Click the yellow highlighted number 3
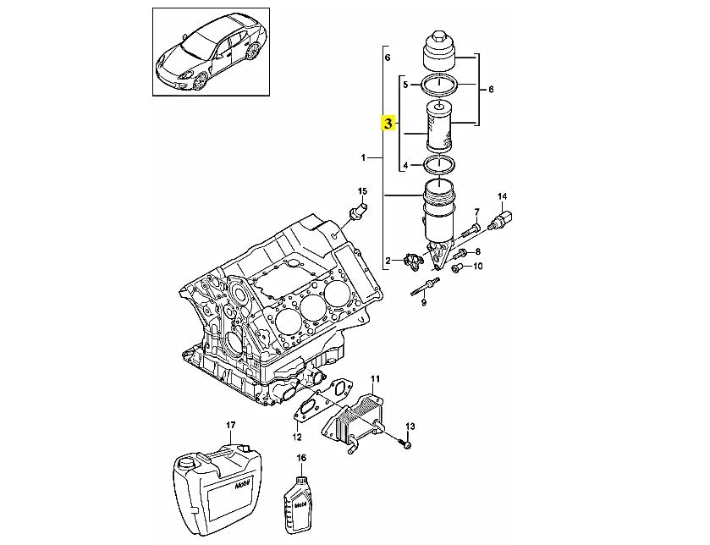[388, 123]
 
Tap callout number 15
[363, 190]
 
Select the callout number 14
[503, 196]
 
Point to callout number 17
[230, 425]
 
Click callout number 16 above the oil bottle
[301, 458]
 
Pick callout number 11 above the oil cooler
[376, 378]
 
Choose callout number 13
[410, 426]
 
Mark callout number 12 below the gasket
[296, 438]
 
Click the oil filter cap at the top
[438, 51]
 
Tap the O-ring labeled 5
[423, 84]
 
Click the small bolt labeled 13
[406, 445]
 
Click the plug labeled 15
[359, 211]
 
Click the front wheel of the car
[200, 80]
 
